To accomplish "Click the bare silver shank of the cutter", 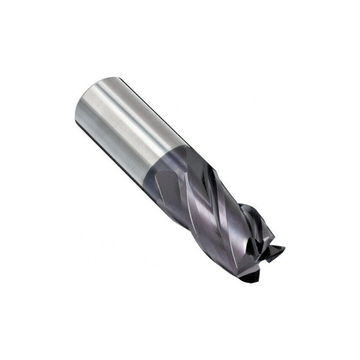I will pos(126,126).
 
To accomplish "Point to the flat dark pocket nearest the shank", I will pos(169,185).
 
